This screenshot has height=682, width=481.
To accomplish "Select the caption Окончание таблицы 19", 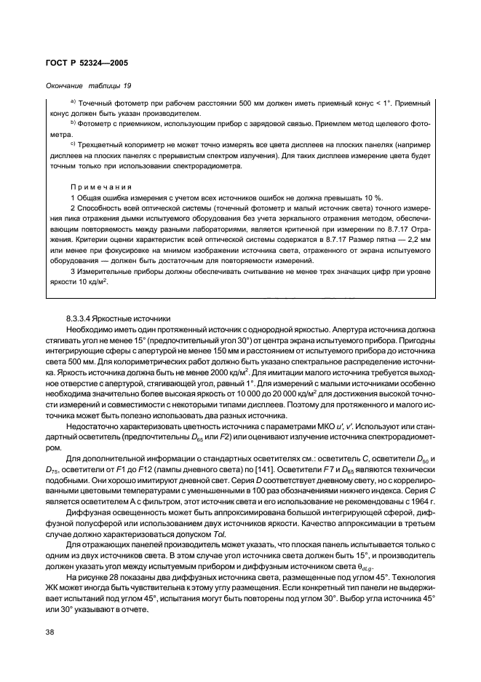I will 84,86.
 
